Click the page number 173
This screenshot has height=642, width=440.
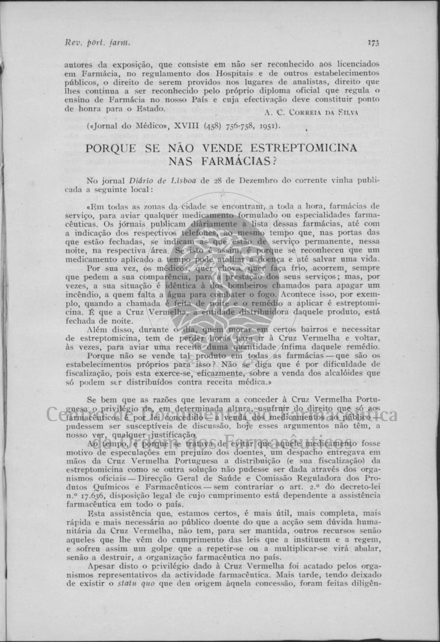[373, 42]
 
